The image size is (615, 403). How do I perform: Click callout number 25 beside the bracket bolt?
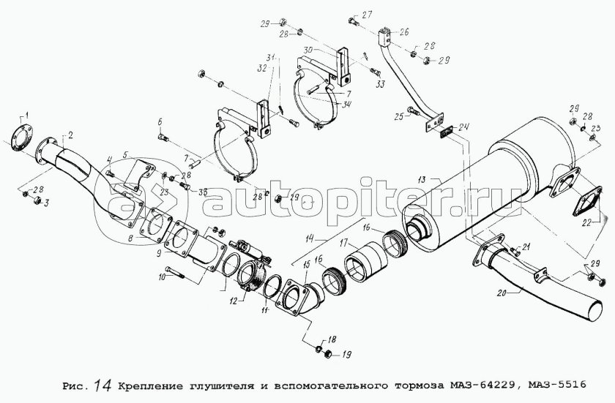(x=399, y=116)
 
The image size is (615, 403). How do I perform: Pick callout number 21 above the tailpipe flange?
(x=526, y=246)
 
